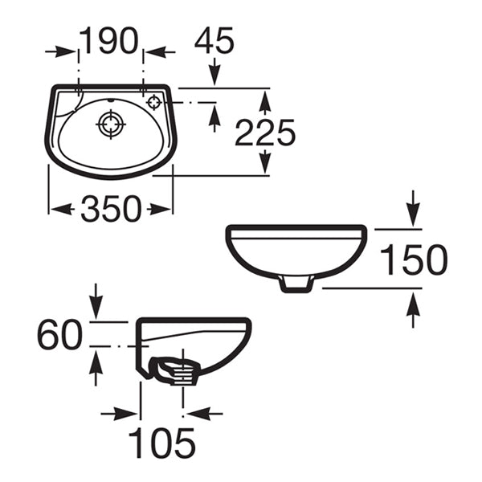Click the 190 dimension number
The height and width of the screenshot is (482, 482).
pos(111,41)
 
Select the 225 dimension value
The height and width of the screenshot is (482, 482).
pos(265,133)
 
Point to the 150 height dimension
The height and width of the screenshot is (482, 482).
pos(413,260)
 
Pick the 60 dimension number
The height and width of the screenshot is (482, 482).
pos(59,334)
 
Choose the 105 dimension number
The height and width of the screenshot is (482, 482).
pos(162,443)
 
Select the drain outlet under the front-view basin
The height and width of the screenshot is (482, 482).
pos(296,282)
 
